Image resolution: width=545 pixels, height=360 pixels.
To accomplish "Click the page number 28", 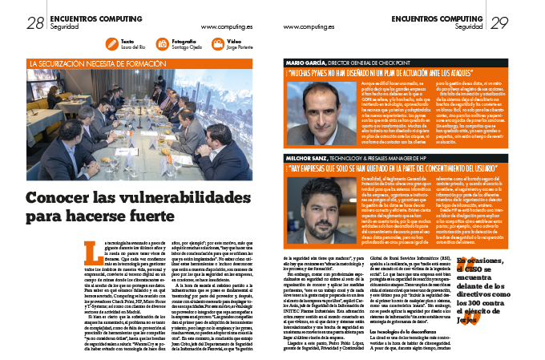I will click(35, 24).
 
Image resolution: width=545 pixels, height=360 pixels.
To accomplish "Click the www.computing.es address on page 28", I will click(224, 26).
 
